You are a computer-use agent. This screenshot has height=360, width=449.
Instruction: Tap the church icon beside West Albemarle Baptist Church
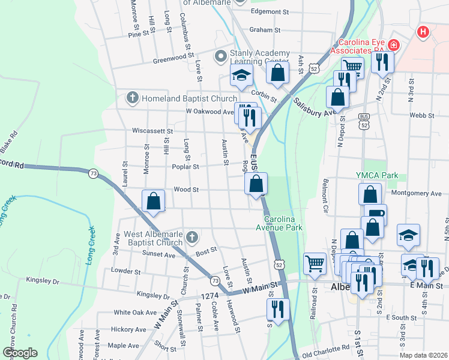(x=191, y=238)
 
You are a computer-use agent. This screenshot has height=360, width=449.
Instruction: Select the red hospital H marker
(x=423, y=31)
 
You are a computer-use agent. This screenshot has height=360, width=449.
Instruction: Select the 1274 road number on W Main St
(x=209, y=296)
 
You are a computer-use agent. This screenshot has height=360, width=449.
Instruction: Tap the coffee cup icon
(x=376, y=214)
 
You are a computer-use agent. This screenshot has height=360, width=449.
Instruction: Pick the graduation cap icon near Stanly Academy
(x=241, y=76)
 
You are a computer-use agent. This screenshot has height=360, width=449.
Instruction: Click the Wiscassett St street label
(x=152, y=131)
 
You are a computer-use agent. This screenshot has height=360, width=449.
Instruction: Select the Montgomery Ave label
(x=415, y=193)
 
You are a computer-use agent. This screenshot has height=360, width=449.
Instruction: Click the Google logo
(x=19, y=353)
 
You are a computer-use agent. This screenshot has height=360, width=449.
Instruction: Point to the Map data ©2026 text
(x=422, y=355)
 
